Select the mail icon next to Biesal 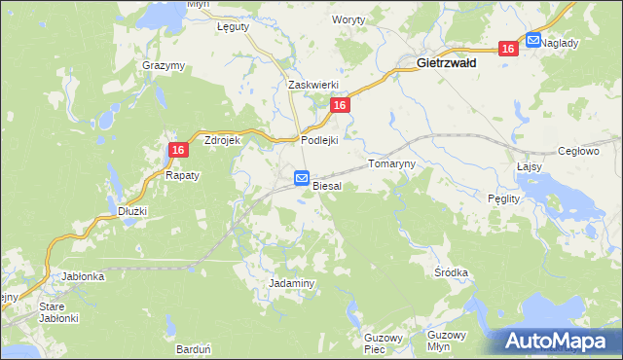point(302,179)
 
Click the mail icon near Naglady point(533,40)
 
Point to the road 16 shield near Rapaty point(177,150)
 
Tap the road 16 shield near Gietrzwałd point(507,49)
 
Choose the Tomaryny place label point(391,164)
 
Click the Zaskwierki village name point(311,85)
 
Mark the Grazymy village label point(164,65)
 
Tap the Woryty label point(348,19)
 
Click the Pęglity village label point(504,198)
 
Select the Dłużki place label point(131,210)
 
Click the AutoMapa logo point(558,341)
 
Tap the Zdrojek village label point(222,140)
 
